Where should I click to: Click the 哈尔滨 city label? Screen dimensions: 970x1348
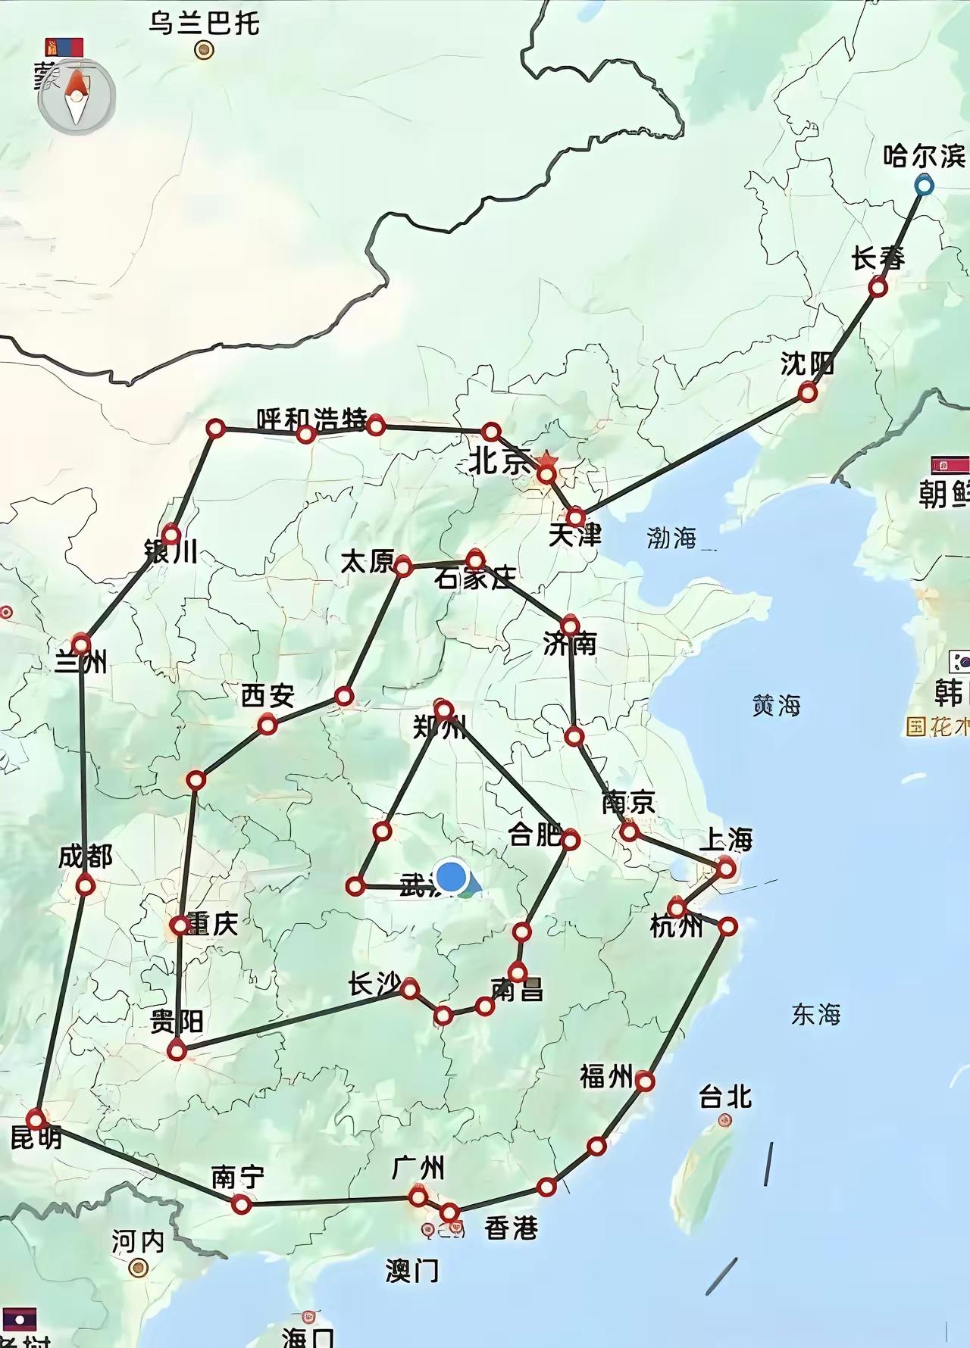click(x=925, y=157)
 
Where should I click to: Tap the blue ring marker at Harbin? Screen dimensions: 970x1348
click(x=923, y=185)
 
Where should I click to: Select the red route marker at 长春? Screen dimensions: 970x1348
click(x=878, y=288)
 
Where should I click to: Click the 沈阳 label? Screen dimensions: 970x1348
click(x=807, y=364)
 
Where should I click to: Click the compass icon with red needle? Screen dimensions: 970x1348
click(x=77, y=97)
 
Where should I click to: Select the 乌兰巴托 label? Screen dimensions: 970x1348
click(x=204, y=23)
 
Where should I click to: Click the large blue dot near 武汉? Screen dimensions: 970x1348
click(x=452, y=876)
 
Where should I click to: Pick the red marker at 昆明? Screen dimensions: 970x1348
click(x=36, y=1119)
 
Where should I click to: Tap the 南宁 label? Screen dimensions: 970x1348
click(x=238, y=1177)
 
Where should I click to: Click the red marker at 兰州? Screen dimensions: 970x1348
click(x=81, y=644)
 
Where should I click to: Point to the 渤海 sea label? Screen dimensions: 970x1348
click(x=671, y=538)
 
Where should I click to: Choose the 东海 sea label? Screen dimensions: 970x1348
click(x=815, y=1014)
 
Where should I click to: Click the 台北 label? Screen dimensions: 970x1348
click(x=725, y=1096)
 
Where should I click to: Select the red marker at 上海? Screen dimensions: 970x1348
click(x=725, y=868)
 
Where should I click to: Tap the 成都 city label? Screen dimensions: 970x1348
click(x=86, y=857)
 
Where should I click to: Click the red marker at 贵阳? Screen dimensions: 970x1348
click(x=177, y=1050)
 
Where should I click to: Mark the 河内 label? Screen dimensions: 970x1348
click(x=138, y=1242)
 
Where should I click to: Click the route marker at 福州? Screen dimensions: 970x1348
click(x=644, y=1081)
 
